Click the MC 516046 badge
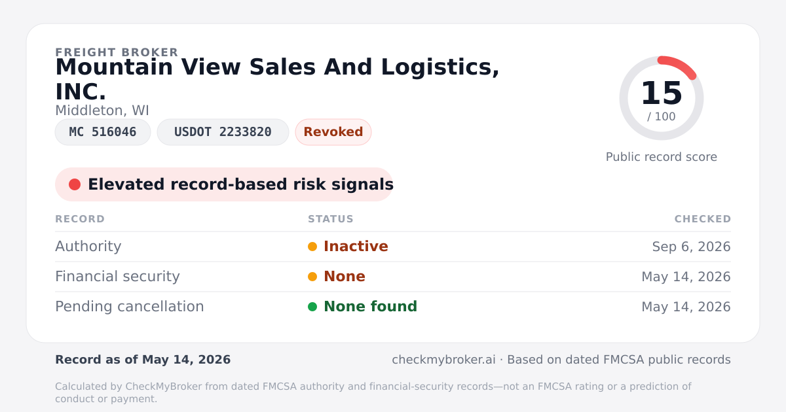103,132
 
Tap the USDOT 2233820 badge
223,132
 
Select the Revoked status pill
333,132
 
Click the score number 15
662,93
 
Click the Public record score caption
662,157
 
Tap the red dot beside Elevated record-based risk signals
75,184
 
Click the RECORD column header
80,219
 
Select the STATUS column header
331,219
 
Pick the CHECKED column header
702,219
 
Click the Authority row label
88,247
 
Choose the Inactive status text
356,247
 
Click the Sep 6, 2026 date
691,247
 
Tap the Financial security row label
117,277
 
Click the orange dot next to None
312,277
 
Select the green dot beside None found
312,307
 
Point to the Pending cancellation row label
130,307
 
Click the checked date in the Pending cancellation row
686,307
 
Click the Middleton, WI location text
102,111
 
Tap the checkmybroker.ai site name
443,360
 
